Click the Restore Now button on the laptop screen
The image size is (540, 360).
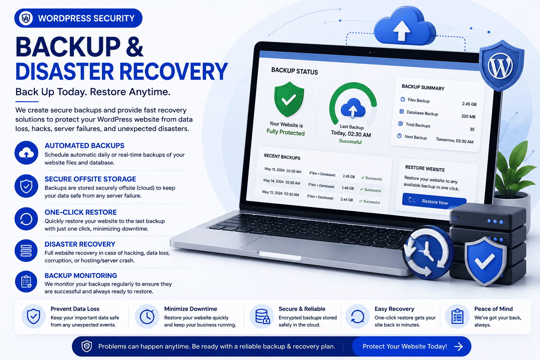(434, 201)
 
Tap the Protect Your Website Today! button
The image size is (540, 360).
(412, 347)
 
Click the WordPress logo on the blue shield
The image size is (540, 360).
(500, 66)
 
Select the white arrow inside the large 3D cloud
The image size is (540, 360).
(401, 31)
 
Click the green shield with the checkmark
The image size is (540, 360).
(289, 99)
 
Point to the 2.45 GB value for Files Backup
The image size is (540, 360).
(469, 104)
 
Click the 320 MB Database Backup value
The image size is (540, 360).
(468, 116)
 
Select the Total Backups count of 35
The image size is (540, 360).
(472, 129)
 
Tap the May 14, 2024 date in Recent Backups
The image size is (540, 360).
(274, 181)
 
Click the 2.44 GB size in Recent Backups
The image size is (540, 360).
(346, 199)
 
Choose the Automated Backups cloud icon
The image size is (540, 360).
(26, 153)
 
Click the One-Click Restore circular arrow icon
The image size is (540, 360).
(26, 219)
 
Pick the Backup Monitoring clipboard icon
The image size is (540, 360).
(26, 281)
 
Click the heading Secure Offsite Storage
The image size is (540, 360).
(90, 179)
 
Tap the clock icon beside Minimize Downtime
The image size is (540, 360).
(147, 316)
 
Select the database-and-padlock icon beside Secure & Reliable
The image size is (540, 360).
(262, 316)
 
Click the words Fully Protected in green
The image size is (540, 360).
(286, 132)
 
